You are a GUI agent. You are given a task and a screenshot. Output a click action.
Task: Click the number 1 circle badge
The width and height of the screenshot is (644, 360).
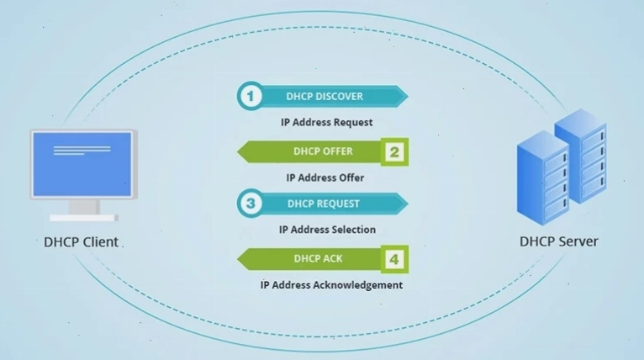[251, 96]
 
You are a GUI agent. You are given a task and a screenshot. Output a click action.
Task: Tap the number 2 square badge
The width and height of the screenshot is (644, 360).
[394, 152]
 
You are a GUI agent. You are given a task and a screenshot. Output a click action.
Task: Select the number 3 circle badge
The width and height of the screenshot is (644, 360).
[251, 204]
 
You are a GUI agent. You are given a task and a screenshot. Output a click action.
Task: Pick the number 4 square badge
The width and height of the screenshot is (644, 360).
[394, 259]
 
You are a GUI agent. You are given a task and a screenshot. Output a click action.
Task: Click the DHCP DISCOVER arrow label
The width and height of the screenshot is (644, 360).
[325, 97]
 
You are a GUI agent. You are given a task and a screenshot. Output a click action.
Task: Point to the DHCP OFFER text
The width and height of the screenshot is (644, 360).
[323, 151]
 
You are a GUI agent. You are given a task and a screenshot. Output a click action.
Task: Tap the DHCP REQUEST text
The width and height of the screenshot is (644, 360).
[323, 204]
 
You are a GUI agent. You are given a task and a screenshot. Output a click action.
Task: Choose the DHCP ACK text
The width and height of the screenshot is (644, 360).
[318, 258]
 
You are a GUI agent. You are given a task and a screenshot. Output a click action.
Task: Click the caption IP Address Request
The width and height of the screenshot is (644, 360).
[326, 123]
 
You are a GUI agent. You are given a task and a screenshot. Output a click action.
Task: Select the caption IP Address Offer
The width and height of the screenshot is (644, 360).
[325, 177]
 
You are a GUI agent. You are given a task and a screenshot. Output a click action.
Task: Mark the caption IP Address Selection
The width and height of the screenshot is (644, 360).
[327, 230]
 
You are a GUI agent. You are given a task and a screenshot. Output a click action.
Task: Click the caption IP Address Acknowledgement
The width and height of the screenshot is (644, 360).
[331, 285]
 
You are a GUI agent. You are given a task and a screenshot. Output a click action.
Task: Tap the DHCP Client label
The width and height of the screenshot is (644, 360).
[81, 242]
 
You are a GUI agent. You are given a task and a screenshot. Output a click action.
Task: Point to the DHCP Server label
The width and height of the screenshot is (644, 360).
[558, 241]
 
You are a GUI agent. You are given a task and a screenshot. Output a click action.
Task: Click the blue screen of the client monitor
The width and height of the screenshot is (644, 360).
[82, 164]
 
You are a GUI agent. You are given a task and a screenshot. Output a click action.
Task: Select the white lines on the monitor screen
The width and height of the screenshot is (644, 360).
[82, 150]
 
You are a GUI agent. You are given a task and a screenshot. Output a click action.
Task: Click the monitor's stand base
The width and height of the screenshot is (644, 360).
[84, 218]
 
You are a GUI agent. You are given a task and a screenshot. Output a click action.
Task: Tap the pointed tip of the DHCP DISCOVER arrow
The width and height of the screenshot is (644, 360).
[408, 97]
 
